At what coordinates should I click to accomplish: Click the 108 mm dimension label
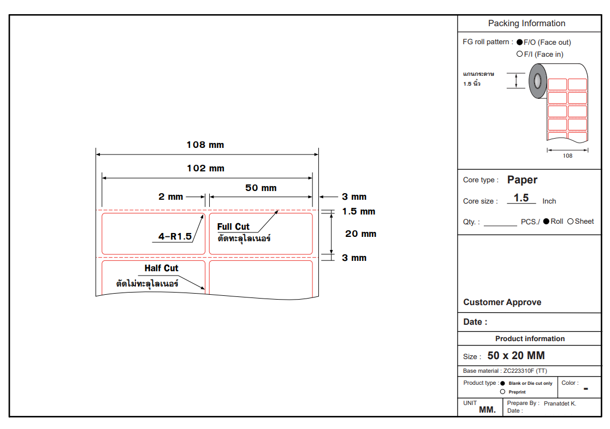tap(205, 145)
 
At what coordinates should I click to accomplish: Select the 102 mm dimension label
tap(205, 168)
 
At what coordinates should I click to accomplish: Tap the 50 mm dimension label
tap(260, 188)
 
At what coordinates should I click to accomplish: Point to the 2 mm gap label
tap(171, 196)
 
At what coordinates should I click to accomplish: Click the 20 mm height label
tap(360, 234)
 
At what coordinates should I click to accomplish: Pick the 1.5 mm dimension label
tap(358, 211)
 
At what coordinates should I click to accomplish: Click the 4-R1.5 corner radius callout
tap(175, 236)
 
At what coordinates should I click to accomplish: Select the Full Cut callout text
tap(233, 227)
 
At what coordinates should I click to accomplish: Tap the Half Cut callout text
tap(161, 268)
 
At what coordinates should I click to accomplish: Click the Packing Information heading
tap(526, 23)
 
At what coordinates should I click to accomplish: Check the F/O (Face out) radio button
tap(520, 42)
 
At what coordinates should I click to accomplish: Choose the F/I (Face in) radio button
tap(520, 54)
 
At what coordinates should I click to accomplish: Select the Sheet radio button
tap(571, 221)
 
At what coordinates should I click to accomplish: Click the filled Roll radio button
tap(546, 221)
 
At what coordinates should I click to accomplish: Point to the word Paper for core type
tap(522, 180)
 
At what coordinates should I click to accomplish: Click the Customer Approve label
tap(502, 302)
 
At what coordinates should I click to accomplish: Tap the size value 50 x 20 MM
tap(516, 355)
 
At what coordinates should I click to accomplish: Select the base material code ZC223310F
tap(519, 371)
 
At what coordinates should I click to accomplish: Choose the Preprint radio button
tap(502, 391)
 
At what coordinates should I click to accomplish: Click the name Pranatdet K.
tap(560, 403)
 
